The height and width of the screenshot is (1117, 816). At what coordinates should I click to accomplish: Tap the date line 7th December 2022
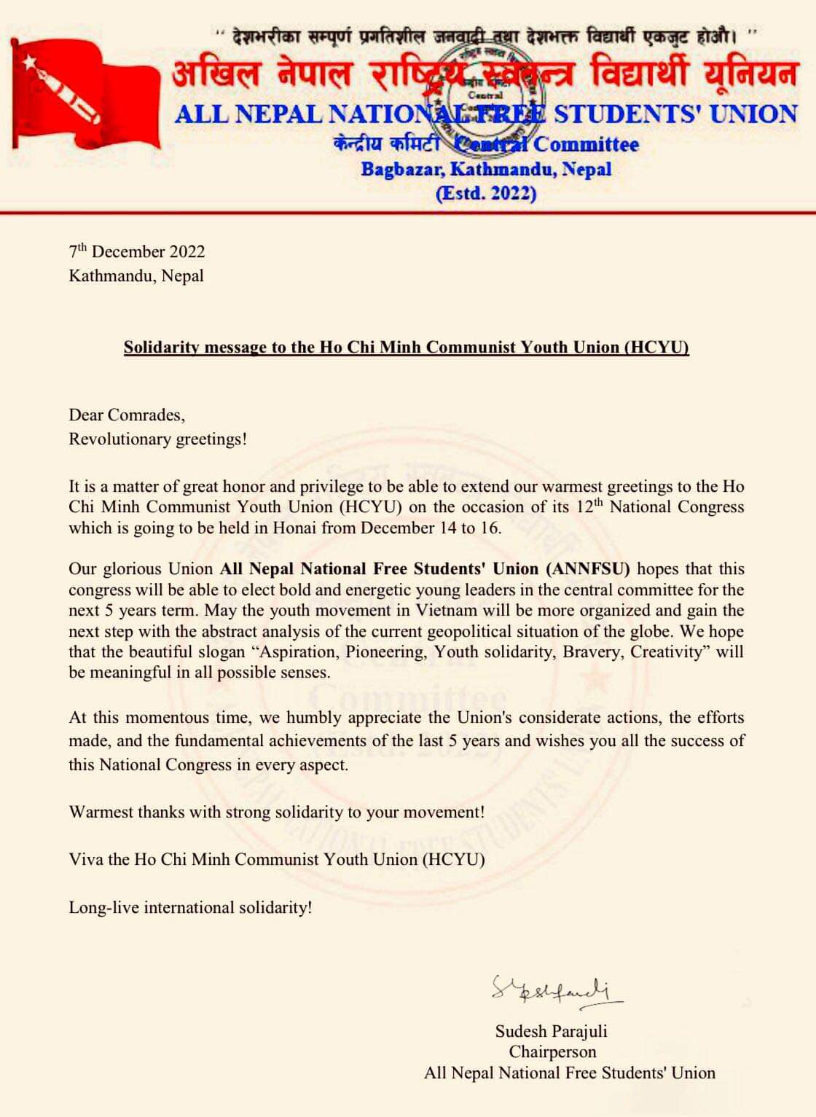137,252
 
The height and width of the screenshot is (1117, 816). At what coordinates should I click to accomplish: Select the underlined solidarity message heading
406,347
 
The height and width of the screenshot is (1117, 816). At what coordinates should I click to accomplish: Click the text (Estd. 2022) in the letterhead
486,193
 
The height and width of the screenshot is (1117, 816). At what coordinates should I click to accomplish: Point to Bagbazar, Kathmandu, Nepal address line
486,169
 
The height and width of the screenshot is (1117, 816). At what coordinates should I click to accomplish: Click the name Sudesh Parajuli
551,1031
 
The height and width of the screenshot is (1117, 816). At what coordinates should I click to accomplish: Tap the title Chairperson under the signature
552,1051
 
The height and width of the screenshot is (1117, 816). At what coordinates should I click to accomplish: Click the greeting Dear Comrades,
127,415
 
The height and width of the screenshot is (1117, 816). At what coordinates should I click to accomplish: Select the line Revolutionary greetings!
157,439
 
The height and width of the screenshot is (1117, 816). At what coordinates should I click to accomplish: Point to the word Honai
294,528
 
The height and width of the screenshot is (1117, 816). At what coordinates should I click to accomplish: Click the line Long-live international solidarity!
190,907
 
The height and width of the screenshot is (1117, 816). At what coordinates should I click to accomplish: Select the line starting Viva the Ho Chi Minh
277,859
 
